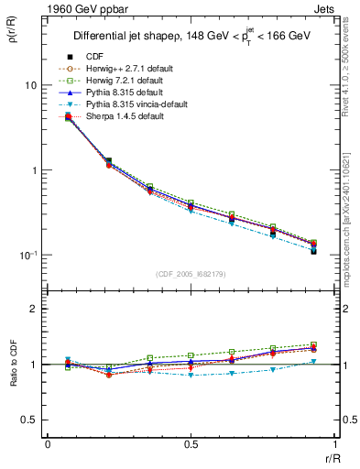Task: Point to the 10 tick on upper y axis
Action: click(30, 85)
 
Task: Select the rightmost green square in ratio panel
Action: click(313, 344)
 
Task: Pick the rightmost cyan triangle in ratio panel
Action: click(313, 362)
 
